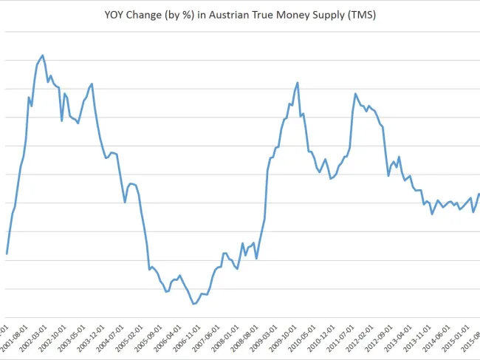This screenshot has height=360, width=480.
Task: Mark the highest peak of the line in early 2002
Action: tap(43, 55)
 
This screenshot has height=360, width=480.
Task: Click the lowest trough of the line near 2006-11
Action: tap(193, 304)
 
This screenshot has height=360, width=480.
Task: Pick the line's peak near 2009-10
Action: tap(297, 83)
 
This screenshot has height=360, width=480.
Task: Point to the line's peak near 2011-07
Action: tap(355, 94)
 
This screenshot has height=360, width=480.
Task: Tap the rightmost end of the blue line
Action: tap(479, 194)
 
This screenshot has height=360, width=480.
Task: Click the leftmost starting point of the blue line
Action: tap(7, 254)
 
